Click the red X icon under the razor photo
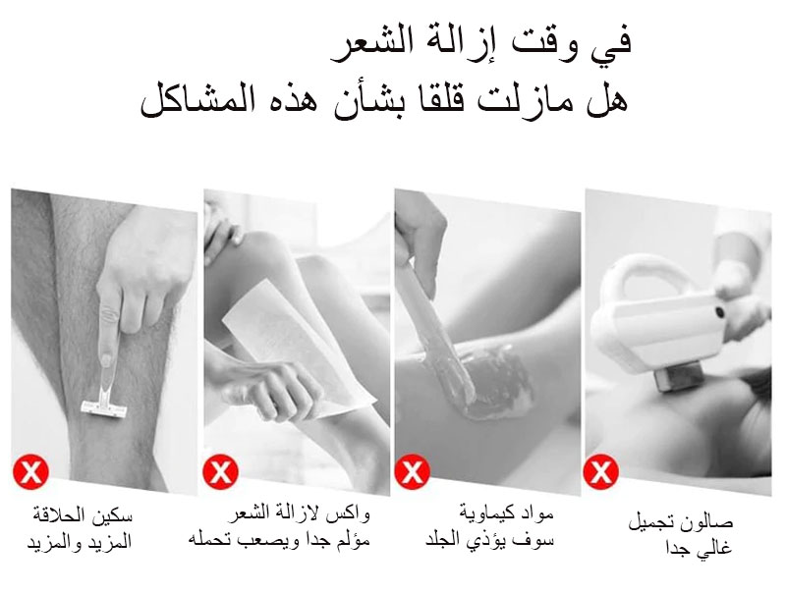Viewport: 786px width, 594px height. point(30,471)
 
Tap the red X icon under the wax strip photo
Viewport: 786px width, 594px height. point(220,471)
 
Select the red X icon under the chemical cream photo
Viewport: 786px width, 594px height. point(412,471)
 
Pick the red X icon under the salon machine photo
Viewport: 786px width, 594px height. point(601,471)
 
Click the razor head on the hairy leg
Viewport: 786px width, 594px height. point(103,407)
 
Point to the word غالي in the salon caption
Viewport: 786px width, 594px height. point(716,547)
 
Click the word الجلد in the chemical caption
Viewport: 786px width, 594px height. point(443,540)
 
